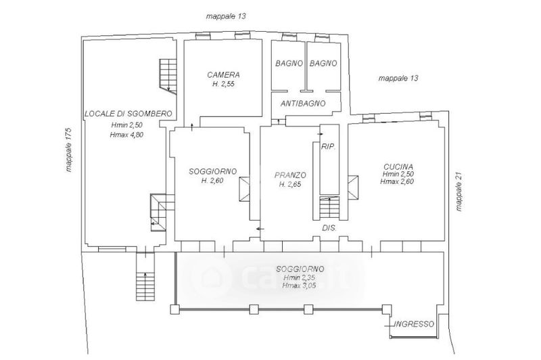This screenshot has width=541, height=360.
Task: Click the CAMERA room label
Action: click(x=223, y=74)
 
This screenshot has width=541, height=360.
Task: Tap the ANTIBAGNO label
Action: click(x=303, y=104)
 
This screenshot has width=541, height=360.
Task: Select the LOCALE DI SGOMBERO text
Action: click(x=128, y=114)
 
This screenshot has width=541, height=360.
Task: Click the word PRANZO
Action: click(x=290, y=175)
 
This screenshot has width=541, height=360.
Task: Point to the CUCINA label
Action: click(x=398, y=166)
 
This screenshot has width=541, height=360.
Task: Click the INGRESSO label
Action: click(x=414, y=323)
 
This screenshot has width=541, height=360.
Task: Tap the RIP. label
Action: click(x=329, y=147)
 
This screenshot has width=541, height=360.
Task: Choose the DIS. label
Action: click(x=329, y=228)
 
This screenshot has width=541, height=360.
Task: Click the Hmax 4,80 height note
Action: click(x=126, y=135)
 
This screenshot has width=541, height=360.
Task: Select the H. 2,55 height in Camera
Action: click(x=223, y=84)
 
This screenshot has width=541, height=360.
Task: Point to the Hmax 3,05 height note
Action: click(x=299, y=286)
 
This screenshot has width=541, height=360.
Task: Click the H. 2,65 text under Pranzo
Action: click(x=290, y=184)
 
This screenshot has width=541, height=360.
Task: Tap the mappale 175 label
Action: click(x=68, y=150)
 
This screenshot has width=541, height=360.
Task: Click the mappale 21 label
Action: click(x=458, y=192)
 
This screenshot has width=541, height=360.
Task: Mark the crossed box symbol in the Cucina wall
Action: click(x=353, y=187)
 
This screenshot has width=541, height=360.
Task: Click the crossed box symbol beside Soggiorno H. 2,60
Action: click(x=245, y=189)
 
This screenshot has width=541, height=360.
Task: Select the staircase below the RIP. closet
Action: click(x=329, y=207)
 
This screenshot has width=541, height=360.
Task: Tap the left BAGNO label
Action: click(x=289, y=63)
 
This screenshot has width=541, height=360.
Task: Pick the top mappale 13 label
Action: click(x=226, y=16)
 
